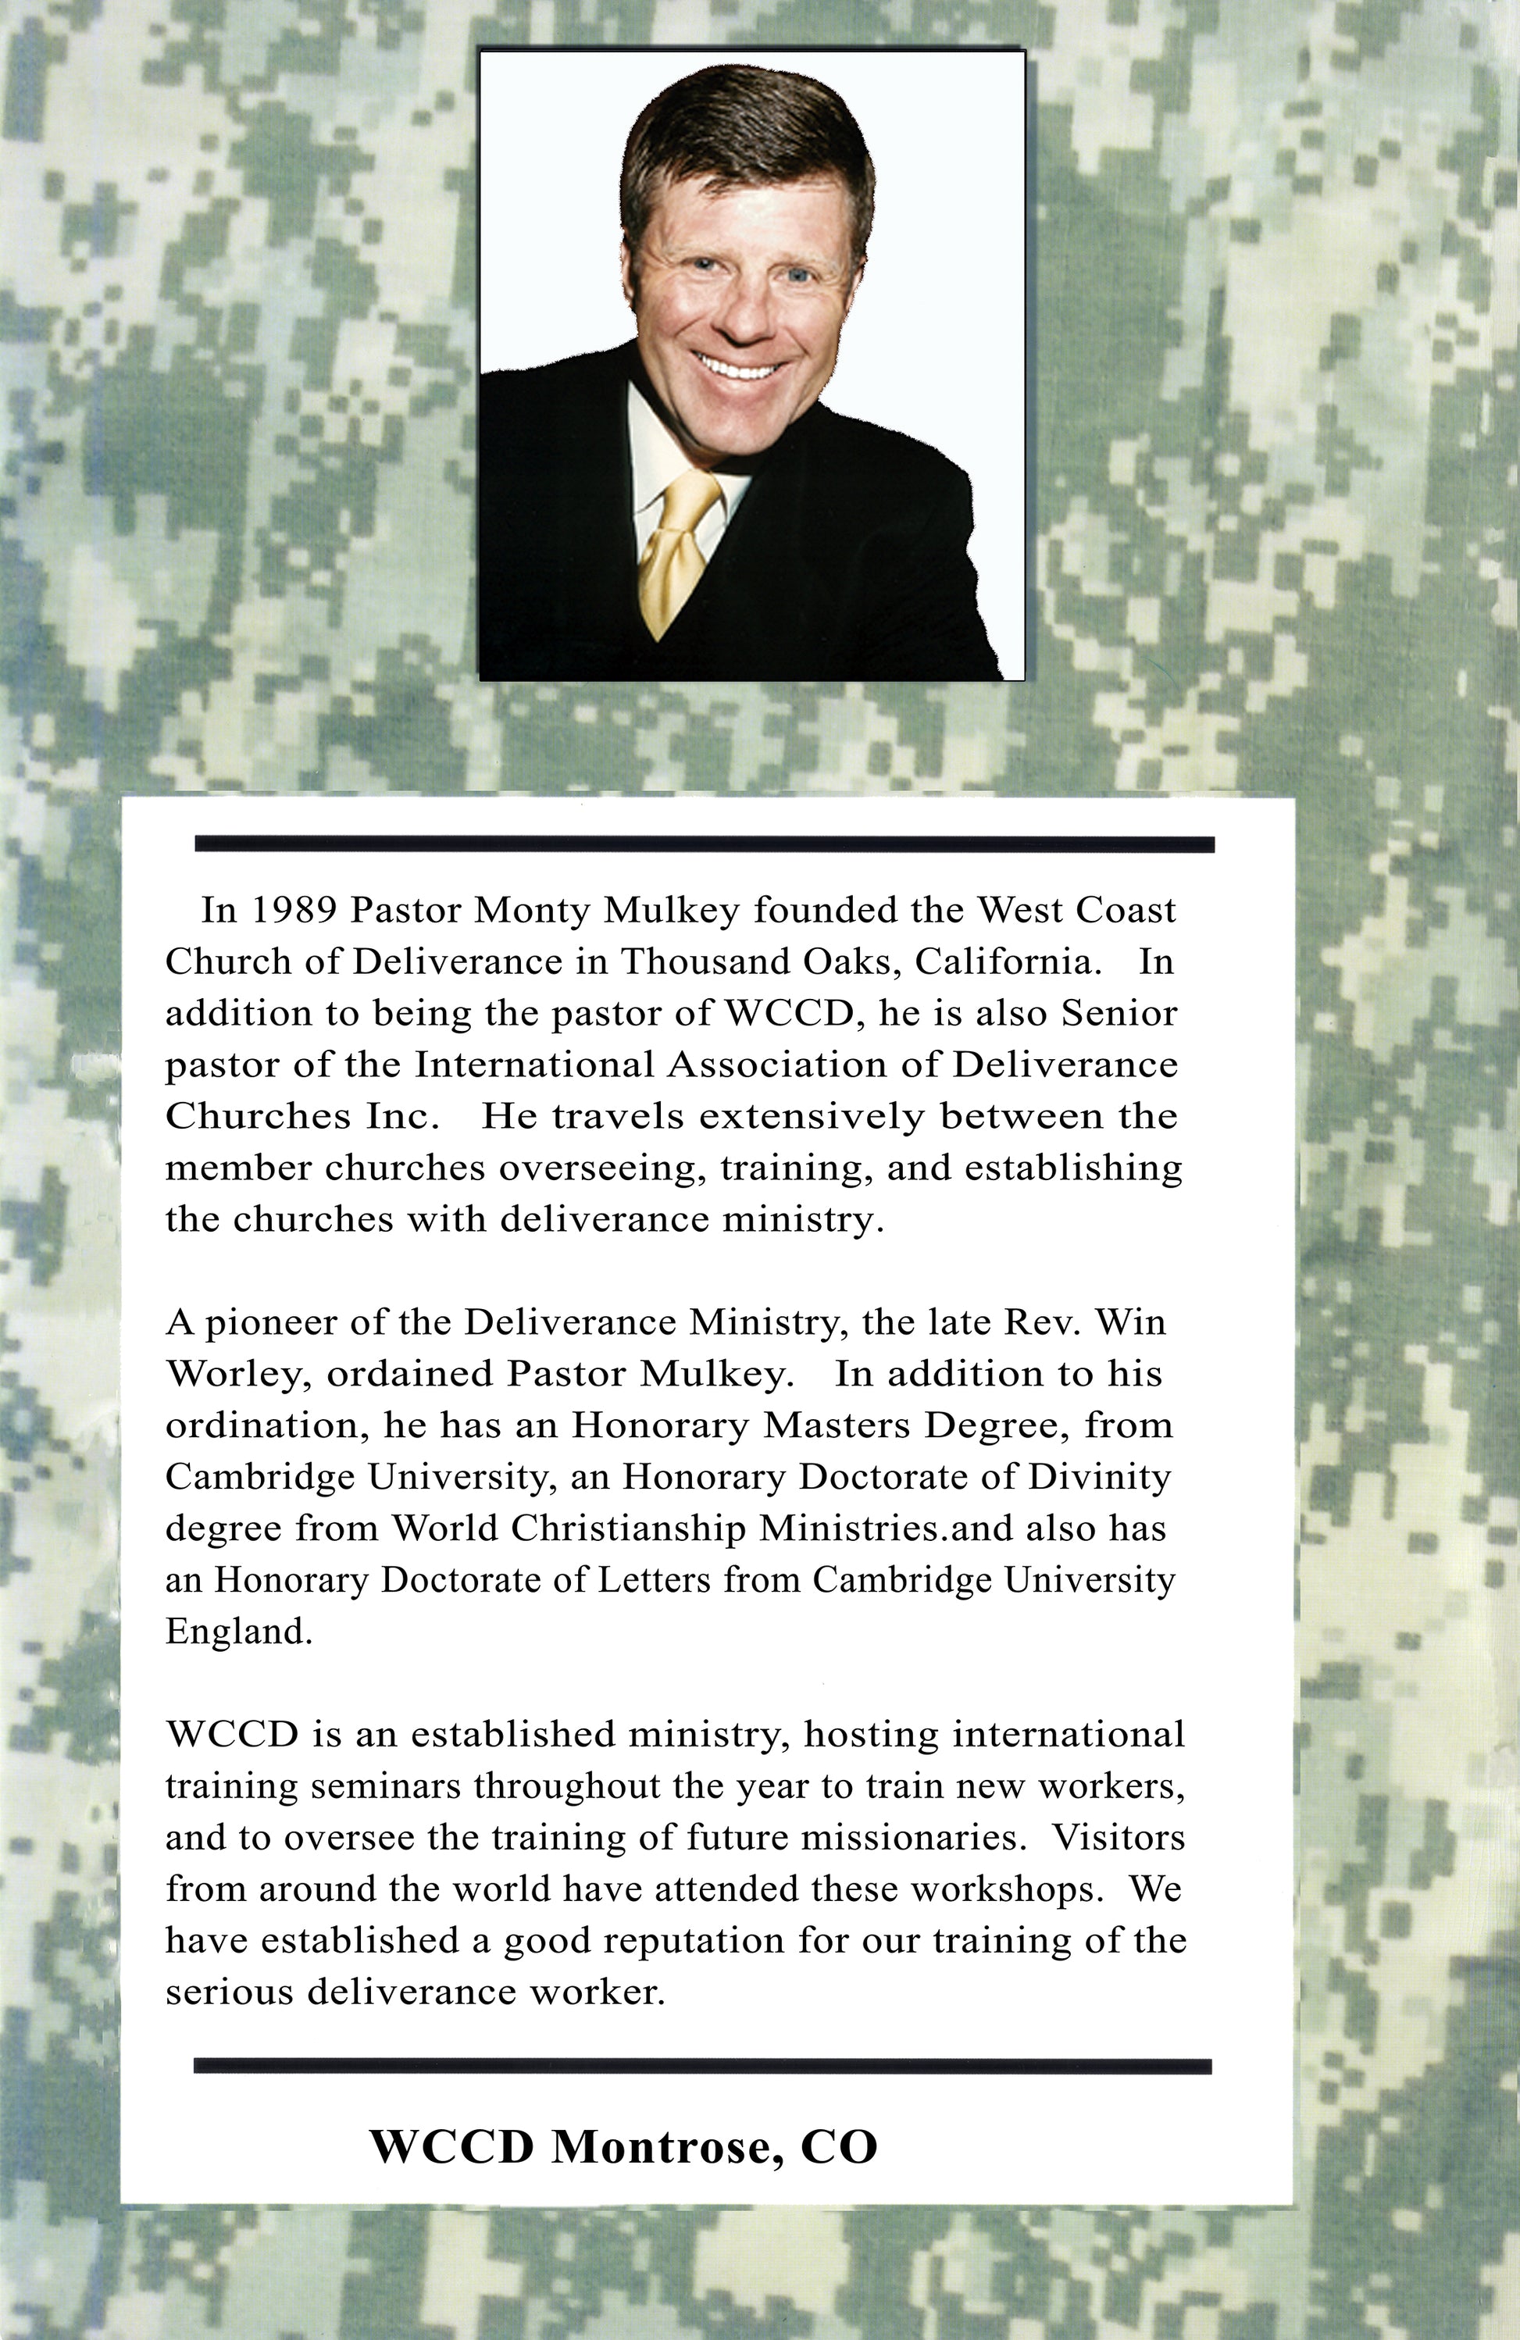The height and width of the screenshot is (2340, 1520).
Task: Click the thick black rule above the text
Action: [x=704, y=844]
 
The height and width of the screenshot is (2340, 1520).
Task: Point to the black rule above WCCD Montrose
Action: [x=702, y=2066]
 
